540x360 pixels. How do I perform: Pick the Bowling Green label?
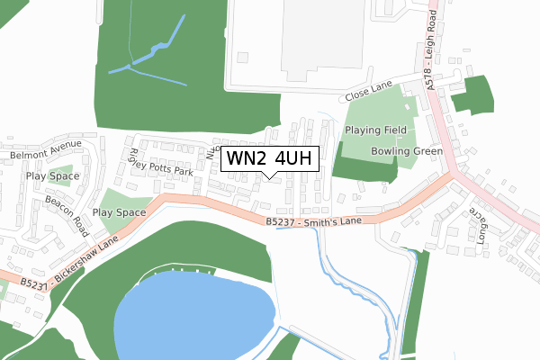pos(407,151)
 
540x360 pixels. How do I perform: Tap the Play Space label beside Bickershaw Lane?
pos(119,212)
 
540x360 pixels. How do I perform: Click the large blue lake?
pos(193,315)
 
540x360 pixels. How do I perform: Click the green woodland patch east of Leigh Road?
pos(473,94)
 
